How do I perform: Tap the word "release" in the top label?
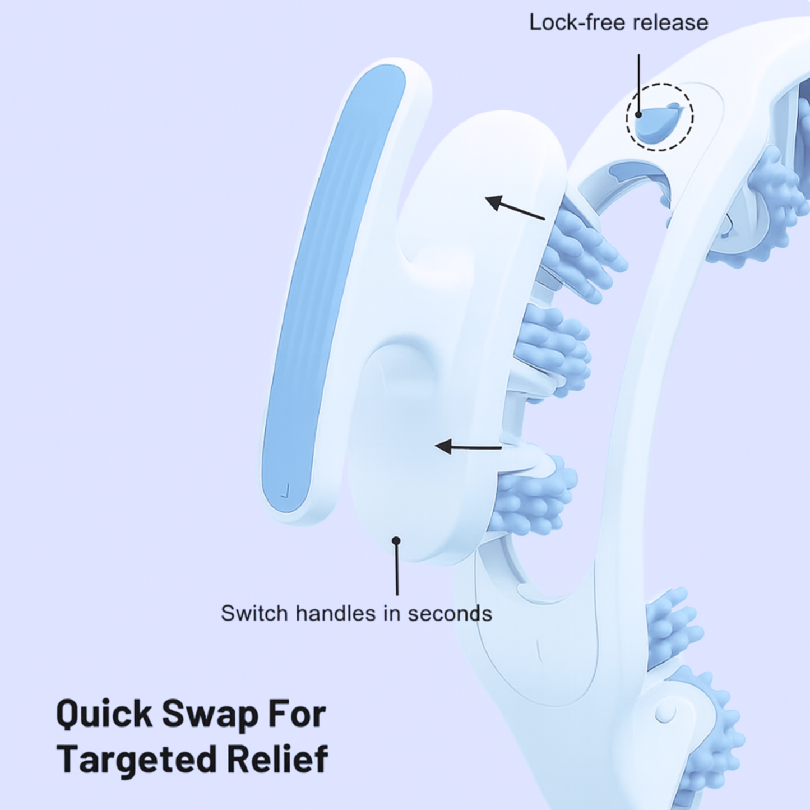678,23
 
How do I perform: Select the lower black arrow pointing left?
468,447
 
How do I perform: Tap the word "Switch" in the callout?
255,613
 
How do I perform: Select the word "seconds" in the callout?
450,613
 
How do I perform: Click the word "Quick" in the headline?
104,715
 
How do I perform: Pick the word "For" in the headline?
297,715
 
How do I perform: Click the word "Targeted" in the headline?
137,759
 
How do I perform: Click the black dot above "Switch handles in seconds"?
396,540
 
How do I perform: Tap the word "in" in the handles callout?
392,613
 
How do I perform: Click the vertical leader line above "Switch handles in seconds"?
397,569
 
